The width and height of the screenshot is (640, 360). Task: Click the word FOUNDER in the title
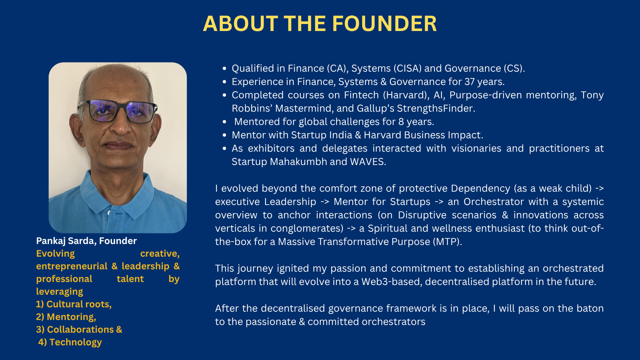tap(384, 24)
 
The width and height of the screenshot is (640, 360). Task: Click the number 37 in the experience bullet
tap(470, 82)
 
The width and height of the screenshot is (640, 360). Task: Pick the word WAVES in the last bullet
tap(368, 162)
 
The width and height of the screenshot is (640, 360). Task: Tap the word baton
tap(590, 308)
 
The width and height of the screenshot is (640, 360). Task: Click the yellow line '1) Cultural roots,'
tap(74, 304)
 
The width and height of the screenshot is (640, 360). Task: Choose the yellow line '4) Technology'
tap(70, 342)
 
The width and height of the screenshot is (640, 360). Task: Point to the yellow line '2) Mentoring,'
tap(66, 317)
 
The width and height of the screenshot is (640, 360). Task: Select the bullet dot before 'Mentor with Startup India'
tap(224, 135)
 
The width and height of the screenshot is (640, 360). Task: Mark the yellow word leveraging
tap(60, 292)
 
